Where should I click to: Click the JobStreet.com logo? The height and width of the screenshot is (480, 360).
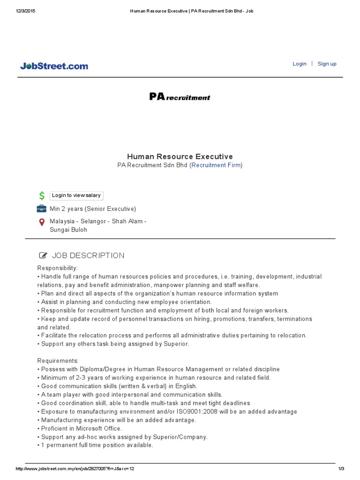tap(54, 66)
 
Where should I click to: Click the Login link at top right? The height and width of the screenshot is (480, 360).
tap(300, 64)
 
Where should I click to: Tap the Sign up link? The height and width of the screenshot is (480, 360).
tap(327, 64)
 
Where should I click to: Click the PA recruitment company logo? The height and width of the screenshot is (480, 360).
tap(180, 97)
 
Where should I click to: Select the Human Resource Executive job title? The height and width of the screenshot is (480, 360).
tap(180, 156)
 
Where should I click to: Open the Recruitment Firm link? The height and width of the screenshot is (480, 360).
tap(216, 165)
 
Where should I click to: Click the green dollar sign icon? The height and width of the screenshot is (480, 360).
tap(42, 195)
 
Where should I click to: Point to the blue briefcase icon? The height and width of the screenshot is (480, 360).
tap(42, 209)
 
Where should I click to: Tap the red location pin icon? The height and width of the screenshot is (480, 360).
tap(42, 221)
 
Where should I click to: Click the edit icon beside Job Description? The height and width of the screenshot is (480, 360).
tap(43, 255)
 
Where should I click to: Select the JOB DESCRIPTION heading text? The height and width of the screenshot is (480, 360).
tap(88, 255)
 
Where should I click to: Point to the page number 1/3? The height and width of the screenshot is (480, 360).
tap(341, 469)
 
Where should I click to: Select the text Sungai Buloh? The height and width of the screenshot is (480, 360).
tap(68, 230)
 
